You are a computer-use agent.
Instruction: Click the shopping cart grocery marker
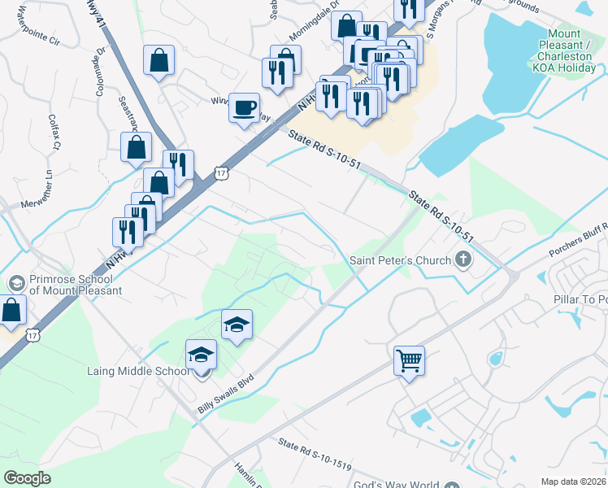point(409,359)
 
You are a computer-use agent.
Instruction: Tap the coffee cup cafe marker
point(244,107)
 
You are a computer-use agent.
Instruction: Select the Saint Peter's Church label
point(400,261)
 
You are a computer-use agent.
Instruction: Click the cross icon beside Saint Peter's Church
point(463,260)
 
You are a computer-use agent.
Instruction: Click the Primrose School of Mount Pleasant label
point(76,284)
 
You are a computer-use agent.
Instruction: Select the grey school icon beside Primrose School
point(15,283)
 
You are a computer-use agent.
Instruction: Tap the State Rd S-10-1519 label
point(314,455)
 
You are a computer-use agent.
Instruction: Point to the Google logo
point(27,478)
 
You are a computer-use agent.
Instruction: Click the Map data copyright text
point(573,481)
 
